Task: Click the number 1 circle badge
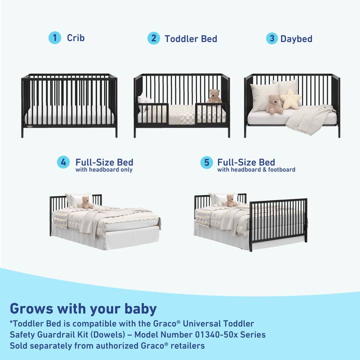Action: click(x=54, y=37)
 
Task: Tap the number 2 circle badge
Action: click(x=153, y=38)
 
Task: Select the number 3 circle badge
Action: click(x=271, y=38)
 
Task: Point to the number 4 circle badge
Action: click(x=63, y=162)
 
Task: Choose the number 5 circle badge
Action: click(x=206, y=162)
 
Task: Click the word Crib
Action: click(x=76, y=37)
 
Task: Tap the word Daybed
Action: click(x=297, y=38)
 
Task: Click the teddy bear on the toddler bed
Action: click(x=214, y=96)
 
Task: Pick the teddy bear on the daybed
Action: click(x=274, y=104)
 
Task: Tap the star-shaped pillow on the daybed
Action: click(x=290, y=99)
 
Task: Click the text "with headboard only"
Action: click(x=104, y=170)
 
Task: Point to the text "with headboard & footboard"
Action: click(x=256, y=170)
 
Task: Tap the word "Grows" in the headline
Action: click(x=29, y=308)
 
